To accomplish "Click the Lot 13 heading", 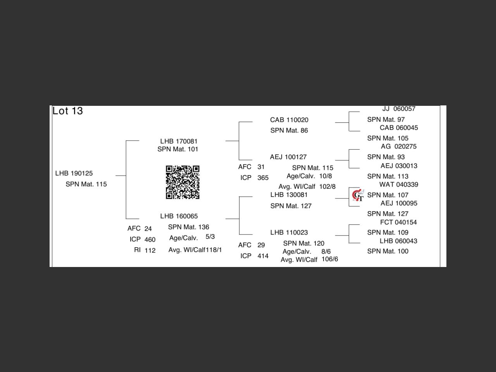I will [68, 111].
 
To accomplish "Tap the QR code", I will [183, 182].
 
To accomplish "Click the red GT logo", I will [358, 196].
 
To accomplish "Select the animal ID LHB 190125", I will [74, 173].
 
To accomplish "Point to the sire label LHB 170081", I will [179, 141].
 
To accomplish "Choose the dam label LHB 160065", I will [179, 216].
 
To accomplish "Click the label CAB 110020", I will [289, 120].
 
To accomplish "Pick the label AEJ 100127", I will [288, 157].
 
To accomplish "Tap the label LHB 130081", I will [289, 195].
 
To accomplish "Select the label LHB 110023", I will [289, 232].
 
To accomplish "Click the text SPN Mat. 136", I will [188, 227].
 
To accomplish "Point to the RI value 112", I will [150, 250].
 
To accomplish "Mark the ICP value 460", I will [150, 239].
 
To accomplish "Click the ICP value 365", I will [263, 178].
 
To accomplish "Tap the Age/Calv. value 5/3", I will [210, 237].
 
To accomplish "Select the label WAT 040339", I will [398, 185].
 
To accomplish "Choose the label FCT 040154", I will [398, 222].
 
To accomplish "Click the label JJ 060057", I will [399, 109].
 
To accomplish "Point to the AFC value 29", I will [261, 245].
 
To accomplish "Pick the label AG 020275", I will [398, 146].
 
